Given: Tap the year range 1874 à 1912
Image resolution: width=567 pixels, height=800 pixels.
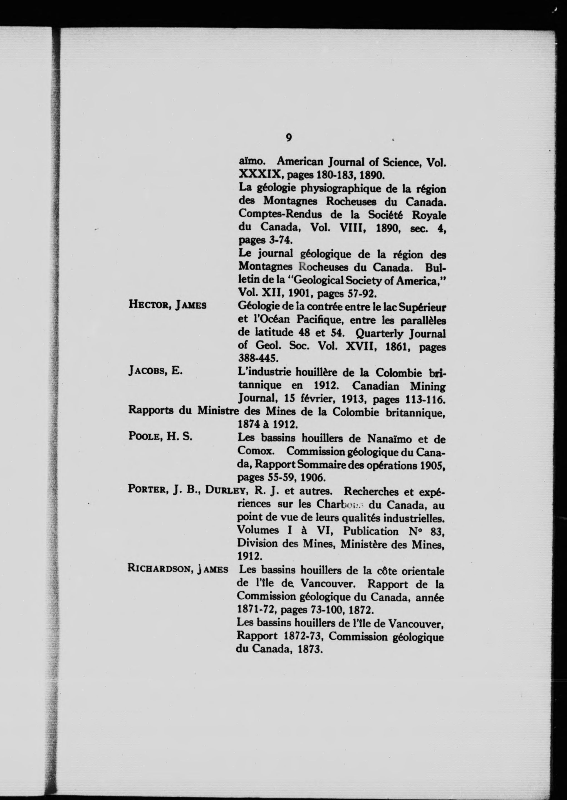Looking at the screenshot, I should [268, 424].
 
